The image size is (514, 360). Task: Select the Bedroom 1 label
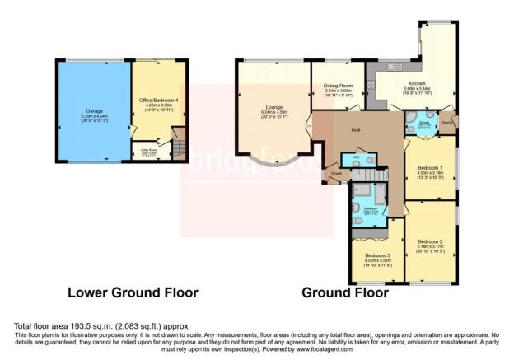pos(429,166)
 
